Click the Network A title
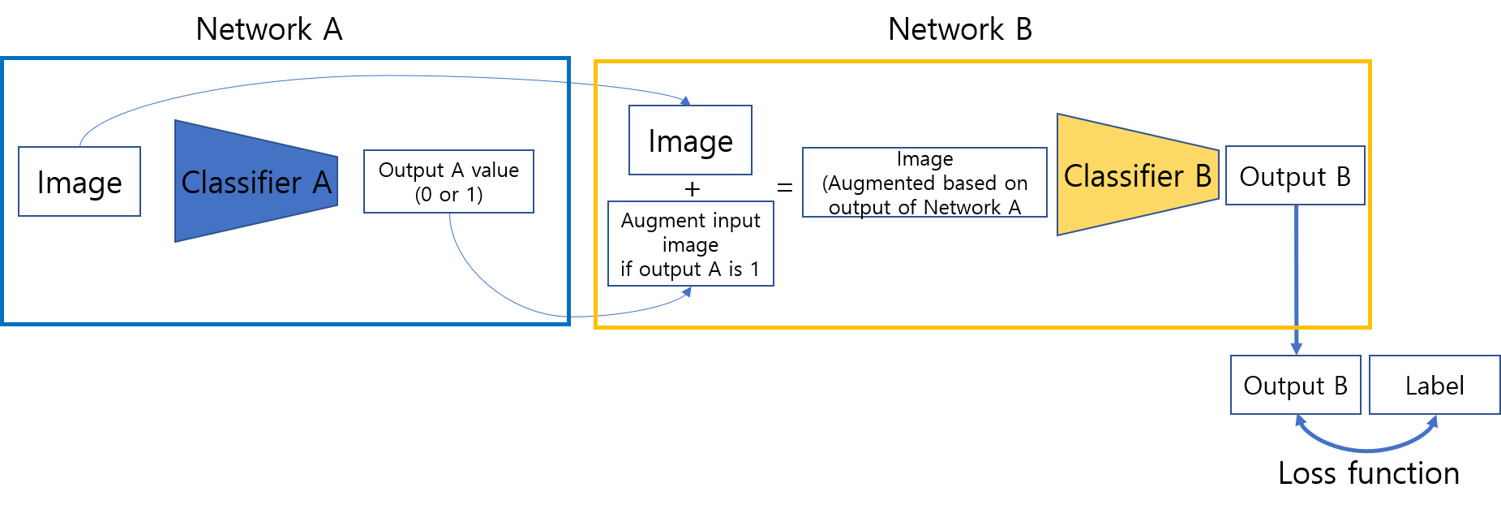point(269,29)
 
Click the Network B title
point(960,29)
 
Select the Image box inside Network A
point(79,181)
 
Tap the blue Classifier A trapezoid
point(256,181)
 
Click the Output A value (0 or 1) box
point(448,181)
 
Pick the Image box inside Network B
point(690,140)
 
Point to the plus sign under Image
point(692,189)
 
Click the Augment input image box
point(691,244)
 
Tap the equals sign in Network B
point(785,188)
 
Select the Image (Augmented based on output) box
point(924,182)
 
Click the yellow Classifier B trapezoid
point(1138,175)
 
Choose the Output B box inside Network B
point(1295,175)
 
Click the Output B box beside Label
point(1295,385)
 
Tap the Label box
point(1435,385)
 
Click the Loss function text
point(1369,473)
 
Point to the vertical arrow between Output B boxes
point(1296,280)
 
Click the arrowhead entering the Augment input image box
point(687,292)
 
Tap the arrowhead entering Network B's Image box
point(686,101)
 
